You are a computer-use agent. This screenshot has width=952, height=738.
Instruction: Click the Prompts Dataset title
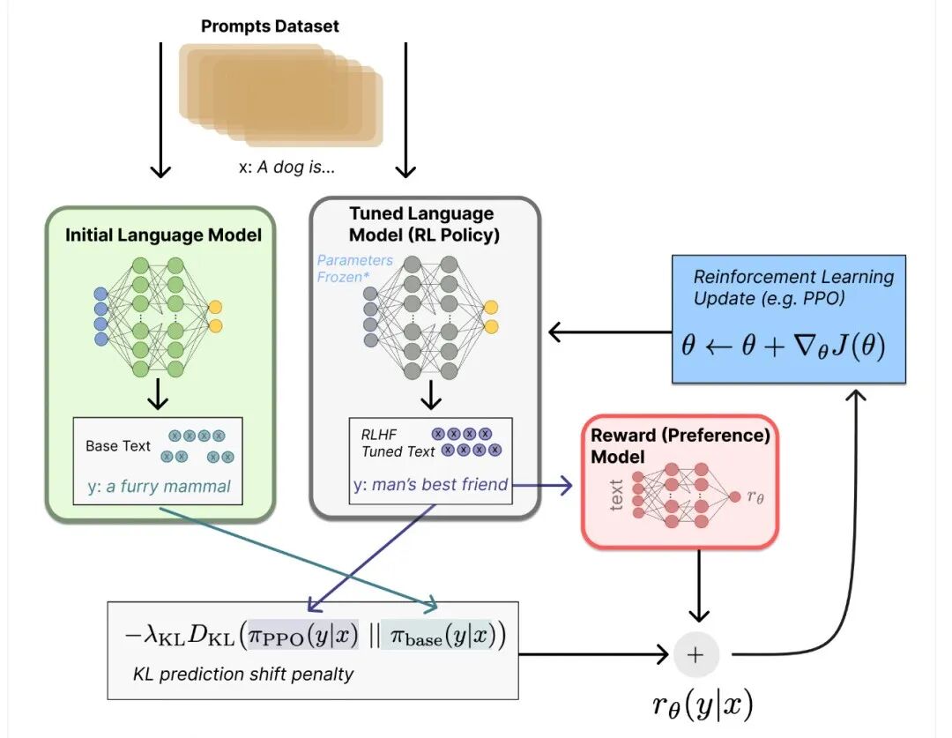point(270,26)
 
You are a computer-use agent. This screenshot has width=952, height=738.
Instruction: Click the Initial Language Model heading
point(163,235)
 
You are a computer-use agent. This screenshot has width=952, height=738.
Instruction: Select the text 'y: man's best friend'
point(430,483)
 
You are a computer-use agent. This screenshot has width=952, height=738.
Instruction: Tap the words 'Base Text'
point(118,445)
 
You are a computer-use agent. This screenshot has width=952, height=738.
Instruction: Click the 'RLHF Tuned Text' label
point(398,443)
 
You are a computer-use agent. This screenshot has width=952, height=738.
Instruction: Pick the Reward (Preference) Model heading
point(680,445)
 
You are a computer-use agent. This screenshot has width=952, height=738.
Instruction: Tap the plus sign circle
point(696,654)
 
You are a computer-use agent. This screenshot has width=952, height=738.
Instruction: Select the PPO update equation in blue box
point(783,345)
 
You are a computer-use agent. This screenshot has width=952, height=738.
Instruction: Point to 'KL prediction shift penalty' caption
point(243,675)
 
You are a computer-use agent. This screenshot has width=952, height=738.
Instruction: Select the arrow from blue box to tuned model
point(608,332)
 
